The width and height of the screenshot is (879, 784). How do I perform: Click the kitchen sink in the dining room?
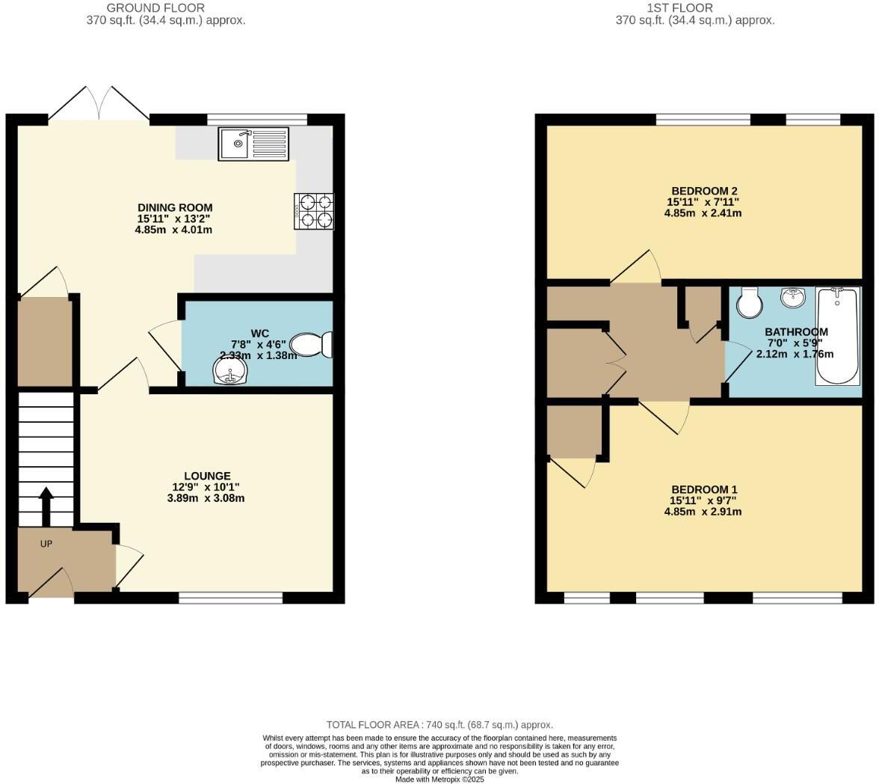click(x=253, y=144)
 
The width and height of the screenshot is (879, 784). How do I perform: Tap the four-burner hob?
click(x=314, y=211)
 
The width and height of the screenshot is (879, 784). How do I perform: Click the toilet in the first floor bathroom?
click(x=748, y=301)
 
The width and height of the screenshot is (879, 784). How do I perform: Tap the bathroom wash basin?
click(x=793, y=298)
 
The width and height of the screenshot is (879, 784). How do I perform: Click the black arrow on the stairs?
click(x=46, y=506)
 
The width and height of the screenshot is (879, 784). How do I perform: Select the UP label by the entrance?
click(x=46, y=544)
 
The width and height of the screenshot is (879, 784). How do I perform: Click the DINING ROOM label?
click(x=175, y=207)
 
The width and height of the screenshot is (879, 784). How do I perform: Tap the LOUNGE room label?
click(x=207, y=476)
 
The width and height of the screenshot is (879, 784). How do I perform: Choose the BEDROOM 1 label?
click(x=703, y=490)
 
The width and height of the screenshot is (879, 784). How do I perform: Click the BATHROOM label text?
click(x=796, y=332)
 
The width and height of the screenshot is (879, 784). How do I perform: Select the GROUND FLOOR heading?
click(x=155, y=7)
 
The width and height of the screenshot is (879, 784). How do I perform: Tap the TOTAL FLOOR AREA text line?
click(x=439, y=725)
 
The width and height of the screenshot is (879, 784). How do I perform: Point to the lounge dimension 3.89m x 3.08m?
click(x=206, y=498)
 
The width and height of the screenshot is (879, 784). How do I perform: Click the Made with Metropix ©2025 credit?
click(x=439, y=779)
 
